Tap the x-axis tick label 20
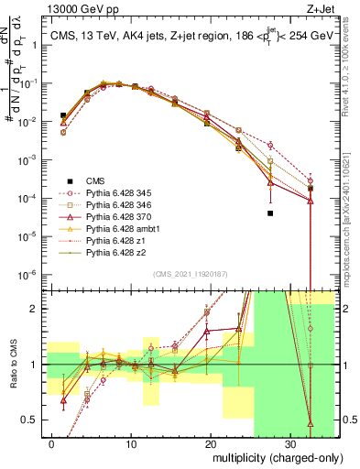point(209,442)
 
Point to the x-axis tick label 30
point(288,442)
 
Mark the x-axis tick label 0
point(51,442)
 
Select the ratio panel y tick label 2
point(37,309)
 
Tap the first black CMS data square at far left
point(63,115)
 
